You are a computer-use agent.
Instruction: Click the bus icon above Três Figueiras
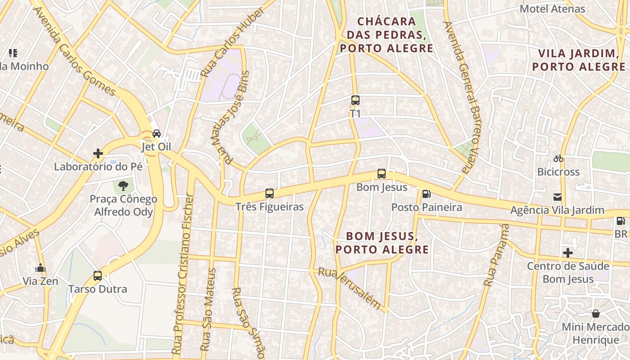coord(270,193)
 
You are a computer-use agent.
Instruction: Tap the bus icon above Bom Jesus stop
coord(382,174)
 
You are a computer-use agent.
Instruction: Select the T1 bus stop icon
coord(355,100)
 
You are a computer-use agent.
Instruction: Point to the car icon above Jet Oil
coord(157,134)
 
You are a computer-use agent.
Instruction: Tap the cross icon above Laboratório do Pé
coord(98,153)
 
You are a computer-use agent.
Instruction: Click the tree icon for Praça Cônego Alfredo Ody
coord(123,186)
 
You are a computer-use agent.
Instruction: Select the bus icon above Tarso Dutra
coord(98,276)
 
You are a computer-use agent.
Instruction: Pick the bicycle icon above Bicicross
coord(558,158)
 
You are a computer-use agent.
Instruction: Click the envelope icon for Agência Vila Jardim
coord(558,197)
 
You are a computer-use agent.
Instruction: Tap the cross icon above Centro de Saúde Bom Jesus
coord(568,252)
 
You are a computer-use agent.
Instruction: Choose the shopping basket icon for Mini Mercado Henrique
coord(596,314)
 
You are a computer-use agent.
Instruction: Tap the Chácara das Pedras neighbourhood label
coord(387,35)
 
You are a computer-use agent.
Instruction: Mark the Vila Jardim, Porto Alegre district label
coord(578,60)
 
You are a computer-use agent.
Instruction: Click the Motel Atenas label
coord(552,9)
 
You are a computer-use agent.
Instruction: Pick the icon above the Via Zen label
coord(40,268)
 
